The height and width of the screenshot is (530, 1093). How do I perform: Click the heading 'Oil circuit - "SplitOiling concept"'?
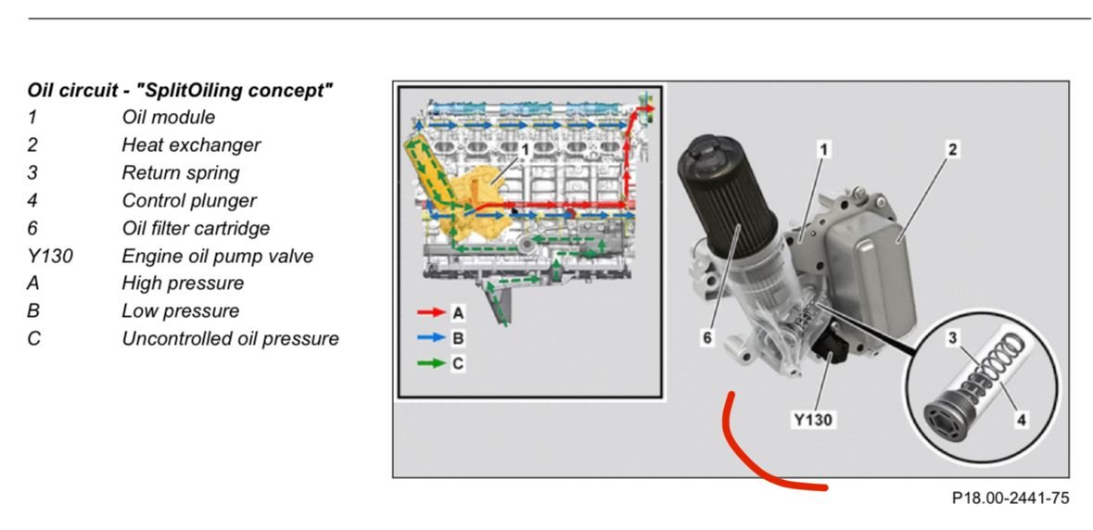coord(180,91)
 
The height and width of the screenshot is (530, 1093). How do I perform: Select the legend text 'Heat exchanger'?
coord(191,145)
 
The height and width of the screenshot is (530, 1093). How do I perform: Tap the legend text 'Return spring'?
coord(181,172)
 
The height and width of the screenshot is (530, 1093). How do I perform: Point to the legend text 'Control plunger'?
coord(189,200)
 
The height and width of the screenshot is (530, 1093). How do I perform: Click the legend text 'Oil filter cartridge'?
coord(196,229)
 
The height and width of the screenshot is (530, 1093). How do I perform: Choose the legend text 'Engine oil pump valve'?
coord(218,257)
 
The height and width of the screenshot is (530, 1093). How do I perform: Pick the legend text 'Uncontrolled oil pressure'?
coord(230,339)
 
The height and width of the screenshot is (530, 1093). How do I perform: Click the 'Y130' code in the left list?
coord(49,257)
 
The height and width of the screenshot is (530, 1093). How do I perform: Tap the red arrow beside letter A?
coord(431,312)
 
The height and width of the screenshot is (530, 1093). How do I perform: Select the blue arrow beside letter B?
coord(431,338)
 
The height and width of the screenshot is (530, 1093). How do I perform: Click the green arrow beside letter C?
coord(431,363)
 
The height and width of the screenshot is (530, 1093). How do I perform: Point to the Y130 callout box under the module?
coord(813,419)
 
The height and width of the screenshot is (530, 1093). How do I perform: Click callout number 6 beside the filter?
coord(707,338)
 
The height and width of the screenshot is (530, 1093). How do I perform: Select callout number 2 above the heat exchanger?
coord(952,149)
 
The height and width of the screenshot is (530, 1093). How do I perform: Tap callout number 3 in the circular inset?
coord(953,338)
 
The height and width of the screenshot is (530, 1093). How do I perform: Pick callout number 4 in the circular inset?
coord(1021,419)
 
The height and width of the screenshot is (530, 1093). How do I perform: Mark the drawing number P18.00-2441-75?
coord(1010,498)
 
